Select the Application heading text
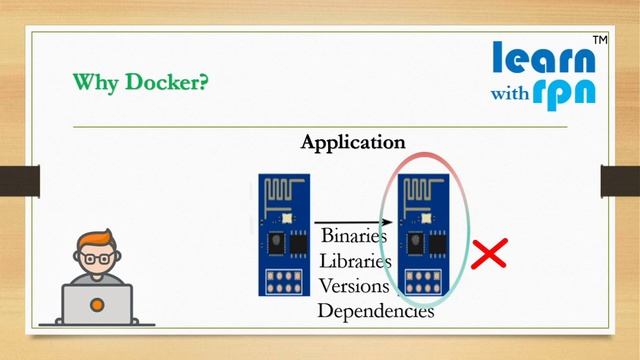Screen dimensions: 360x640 point(353,142)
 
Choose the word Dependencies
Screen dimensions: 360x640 point(376,310)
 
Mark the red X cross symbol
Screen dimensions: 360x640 point(489,254)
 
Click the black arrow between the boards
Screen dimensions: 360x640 point(349,220)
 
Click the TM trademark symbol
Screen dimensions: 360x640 point(600,40)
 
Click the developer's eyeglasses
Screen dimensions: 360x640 point(97,258)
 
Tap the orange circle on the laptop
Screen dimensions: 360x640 point(97,302)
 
